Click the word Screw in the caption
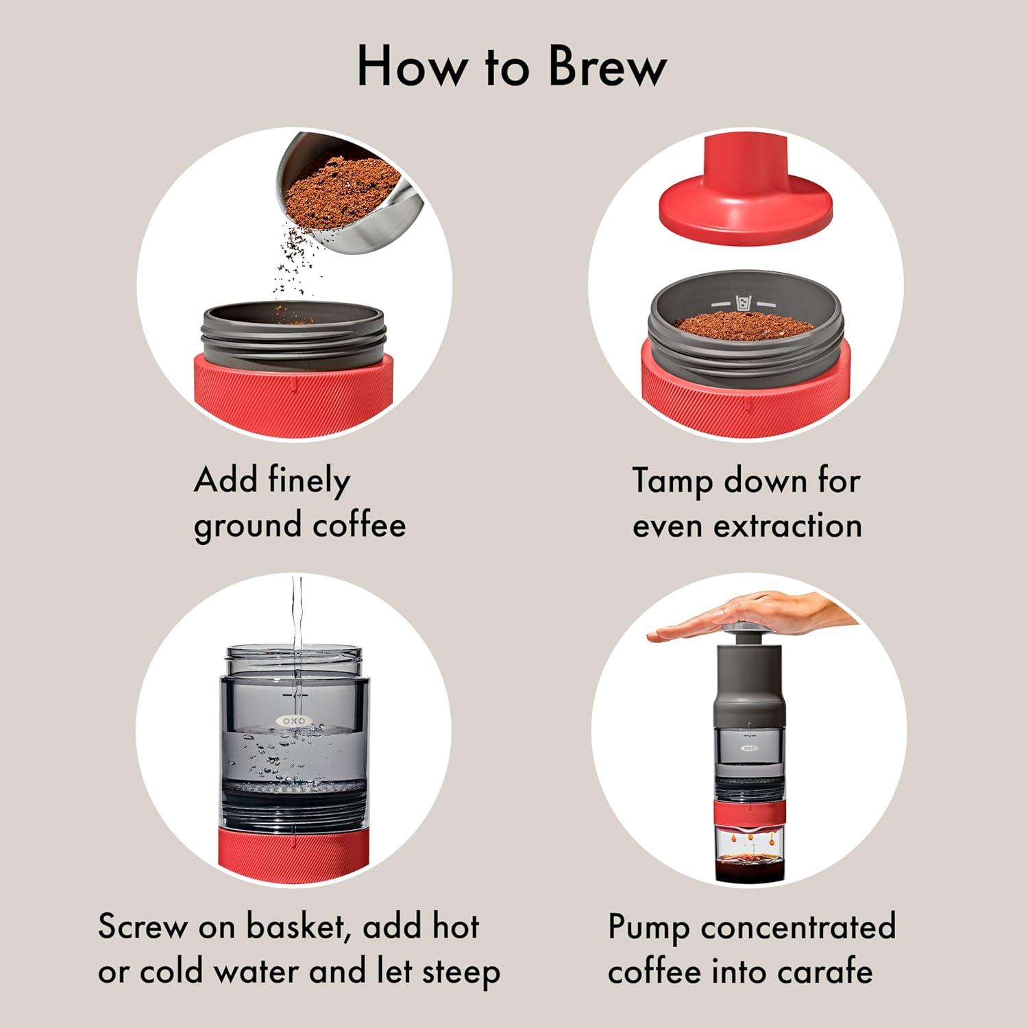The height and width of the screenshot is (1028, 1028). tap(142, 927)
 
